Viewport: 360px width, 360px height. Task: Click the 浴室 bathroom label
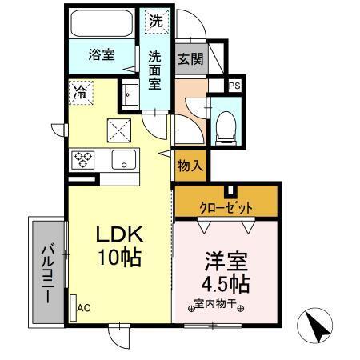click(101, 55)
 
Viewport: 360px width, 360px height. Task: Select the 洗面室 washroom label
click(156, 70)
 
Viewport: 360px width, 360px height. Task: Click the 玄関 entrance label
click(189, 58)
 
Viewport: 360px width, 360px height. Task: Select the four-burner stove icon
click(84, 158)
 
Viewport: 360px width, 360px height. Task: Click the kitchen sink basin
click(123, 158)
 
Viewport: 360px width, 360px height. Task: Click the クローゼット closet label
click(226, 207)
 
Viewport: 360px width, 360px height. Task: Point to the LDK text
click(120, 234)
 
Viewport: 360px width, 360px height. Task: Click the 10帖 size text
click(120, 258)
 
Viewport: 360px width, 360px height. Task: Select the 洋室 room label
click(226, 262)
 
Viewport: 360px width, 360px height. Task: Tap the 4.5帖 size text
click(226, 284)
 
